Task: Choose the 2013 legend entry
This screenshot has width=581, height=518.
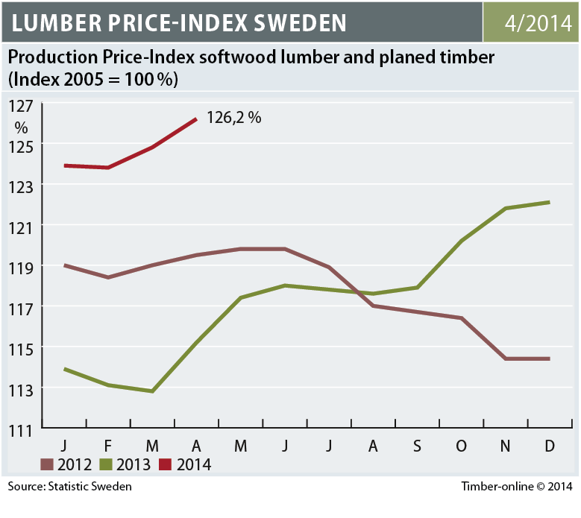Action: [134, 465]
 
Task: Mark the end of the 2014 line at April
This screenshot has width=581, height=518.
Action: [196, 119]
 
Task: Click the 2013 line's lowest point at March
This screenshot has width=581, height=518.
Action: [152, 391]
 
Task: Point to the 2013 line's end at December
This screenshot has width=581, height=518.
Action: [550, 202]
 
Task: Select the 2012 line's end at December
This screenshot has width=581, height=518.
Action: [550, 359]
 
